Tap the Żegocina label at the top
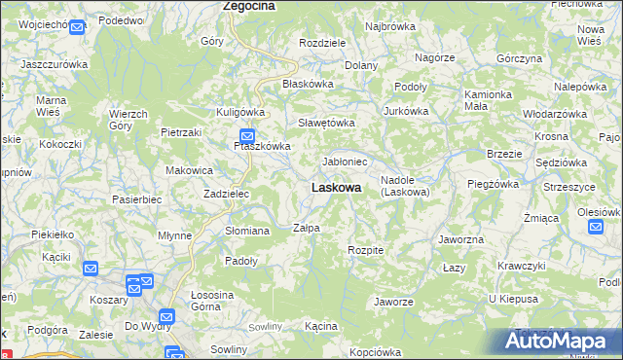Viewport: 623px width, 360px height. (248, 6)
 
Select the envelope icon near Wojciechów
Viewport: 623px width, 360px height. (77, 26)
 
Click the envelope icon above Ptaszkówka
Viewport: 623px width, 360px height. (247, 137)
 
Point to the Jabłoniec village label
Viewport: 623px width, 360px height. (345, 162)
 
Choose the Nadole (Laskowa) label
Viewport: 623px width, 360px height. (404, 186)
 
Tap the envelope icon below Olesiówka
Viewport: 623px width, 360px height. (596, 228)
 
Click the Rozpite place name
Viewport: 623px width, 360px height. (366, 250)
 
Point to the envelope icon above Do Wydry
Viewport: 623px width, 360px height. (166, 316)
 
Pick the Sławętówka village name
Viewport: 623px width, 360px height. (326, 124)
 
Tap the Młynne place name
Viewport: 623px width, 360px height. (174, 235)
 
